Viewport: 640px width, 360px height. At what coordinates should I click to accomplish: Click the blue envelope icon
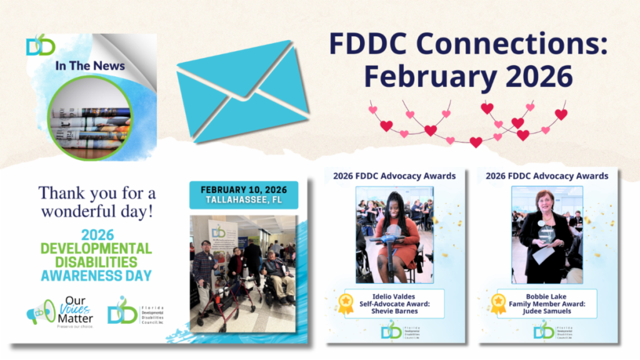242,91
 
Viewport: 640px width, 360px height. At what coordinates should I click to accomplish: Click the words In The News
90,66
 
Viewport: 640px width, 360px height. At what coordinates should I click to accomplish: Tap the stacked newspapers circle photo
90,119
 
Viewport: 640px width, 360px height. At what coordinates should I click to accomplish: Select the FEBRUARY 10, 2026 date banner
243,189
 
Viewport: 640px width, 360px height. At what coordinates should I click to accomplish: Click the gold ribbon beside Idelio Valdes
346,303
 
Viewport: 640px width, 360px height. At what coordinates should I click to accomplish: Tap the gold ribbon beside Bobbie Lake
498,303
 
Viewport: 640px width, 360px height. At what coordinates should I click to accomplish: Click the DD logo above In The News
41,45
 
